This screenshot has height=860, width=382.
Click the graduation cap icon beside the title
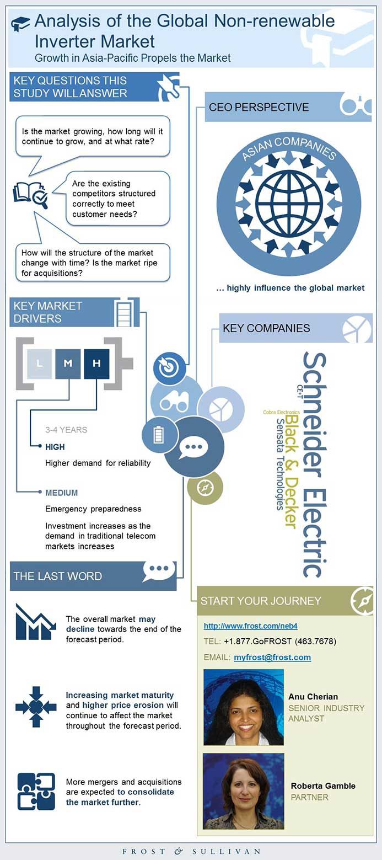[20, 23]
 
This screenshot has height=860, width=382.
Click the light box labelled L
[39, 363]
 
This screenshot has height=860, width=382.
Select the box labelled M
[68, 363]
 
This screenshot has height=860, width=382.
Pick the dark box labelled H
[96, 363]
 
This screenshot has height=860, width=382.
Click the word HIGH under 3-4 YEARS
[55, 447]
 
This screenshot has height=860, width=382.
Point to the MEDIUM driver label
[61, 493]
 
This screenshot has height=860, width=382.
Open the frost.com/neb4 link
[250, 626]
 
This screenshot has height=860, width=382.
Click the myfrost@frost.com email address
[272, 658]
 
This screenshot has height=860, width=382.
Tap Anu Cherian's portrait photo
[244, 707]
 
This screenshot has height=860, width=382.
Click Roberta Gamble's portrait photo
[244, 791]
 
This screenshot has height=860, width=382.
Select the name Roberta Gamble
[323, 786]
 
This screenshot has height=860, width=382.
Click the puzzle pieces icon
[36, 792]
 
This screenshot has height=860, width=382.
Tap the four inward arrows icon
[36, 707]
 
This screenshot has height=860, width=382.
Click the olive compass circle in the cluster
[205, 488]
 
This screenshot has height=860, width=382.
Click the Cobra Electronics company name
[282, 412]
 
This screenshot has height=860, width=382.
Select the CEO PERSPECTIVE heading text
[259, 107]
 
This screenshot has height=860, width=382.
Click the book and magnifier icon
[30, 194]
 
